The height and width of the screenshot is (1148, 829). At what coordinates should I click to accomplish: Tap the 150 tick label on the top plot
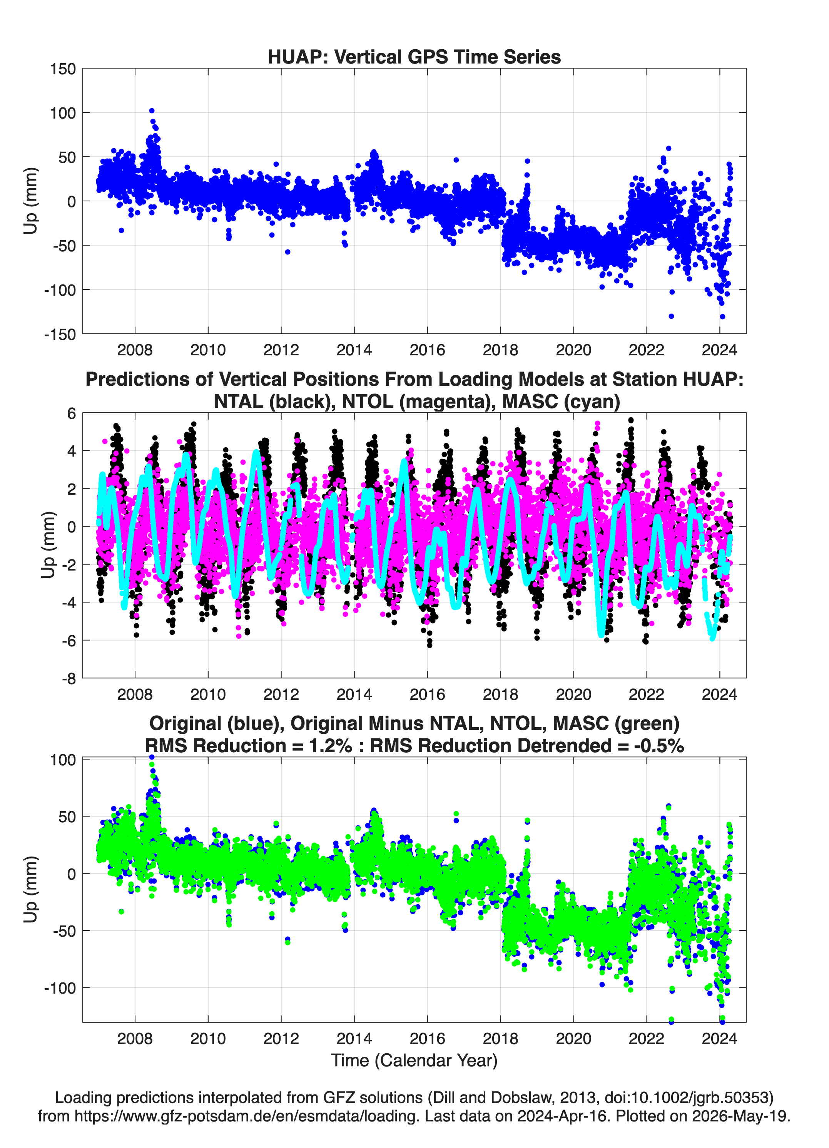click(x=63, y=69)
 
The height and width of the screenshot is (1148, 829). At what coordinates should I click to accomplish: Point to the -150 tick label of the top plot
click(x=60, y=334)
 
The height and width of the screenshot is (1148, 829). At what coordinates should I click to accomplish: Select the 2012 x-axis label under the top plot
click(x=281, y=350)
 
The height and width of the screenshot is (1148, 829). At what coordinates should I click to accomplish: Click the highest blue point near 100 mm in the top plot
click(x=151, y=111)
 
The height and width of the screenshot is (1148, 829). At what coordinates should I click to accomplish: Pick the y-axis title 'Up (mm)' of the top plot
click(x=30, y=201)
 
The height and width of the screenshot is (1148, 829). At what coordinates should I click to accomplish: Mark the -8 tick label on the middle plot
click(x=69, y=679)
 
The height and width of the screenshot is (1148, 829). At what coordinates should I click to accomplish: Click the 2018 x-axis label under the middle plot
click(x=500, y=694)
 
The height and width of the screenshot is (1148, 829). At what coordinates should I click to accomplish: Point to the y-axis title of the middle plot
click(x=48, y=545)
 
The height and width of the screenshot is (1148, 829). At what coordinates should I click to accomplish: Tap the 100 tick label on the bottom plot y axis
click(x=63, y=760)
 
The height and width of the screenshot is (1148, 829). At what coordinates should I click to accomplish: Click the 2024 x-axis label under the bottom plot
click(x=719, y=1039)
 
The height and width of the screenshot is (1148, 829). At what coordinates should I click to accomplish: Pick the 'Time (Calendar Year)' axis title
click(x=414, y=1061)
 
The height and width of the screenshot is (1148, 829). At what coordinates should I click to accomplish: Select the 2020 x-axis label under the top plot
click(x=573, y=350)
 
